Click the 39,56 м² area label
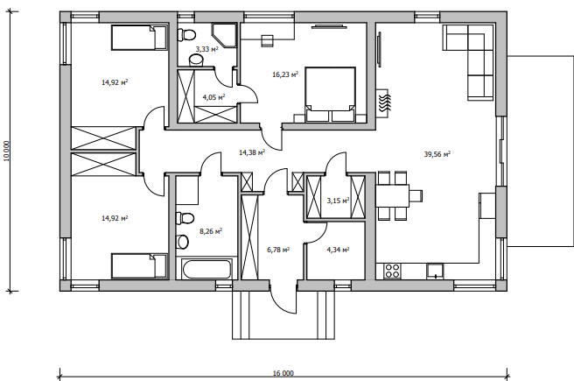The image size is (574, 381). (x=437, y=154)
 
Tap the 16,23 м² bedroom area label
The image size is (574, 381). (x=285, y=74)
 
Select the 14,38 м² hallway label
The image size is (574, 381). (x=252, y=152)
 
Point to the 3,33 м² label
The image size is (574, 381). (x=206, y=49)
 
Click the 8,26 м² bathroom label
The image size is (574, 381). (x=211, y=231)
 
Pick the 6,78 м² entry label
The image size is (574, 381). (x=278, y=250)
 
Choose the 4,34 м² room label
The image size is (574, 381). (x=338, y=250)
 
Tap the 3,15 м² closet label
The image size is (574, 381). (x=338, y=201)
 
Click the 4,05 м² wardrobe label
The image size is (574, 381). (x=213, y=97)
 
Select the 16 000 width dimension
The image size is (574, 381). (x=283, y=373)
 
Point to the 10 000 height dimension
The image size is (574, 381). (x=6, y=151)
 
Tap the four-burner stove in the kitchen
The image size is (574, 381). (x=392, y=272)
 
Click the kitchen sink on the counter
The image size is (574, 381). (x=435, y=272)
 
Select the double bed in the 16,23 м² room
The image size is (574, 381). (x=331, y=94)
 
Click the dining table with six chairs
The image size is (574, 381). (x=399, y=195)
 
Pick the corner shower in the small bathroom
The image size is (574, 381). (x=224, y=36)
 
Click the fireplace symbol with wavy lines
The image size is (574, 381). (x=384, y=103)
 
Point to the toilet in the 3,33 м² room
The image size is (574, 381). (x=186, y=35)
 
